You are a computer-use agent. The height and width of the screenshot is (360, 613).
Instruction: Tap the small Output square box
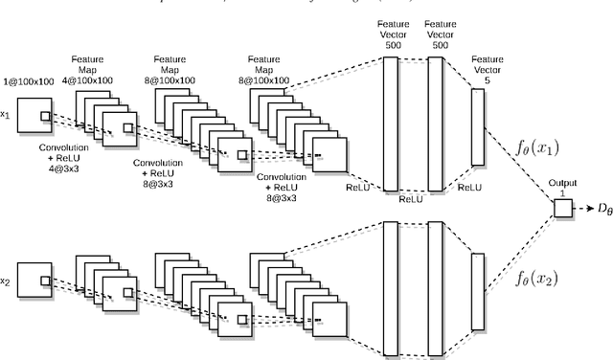[x=562, y=208]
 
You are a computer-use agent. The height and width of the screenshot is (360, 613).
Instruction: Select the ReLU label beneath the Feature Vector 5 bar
[x=469, y=187]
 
